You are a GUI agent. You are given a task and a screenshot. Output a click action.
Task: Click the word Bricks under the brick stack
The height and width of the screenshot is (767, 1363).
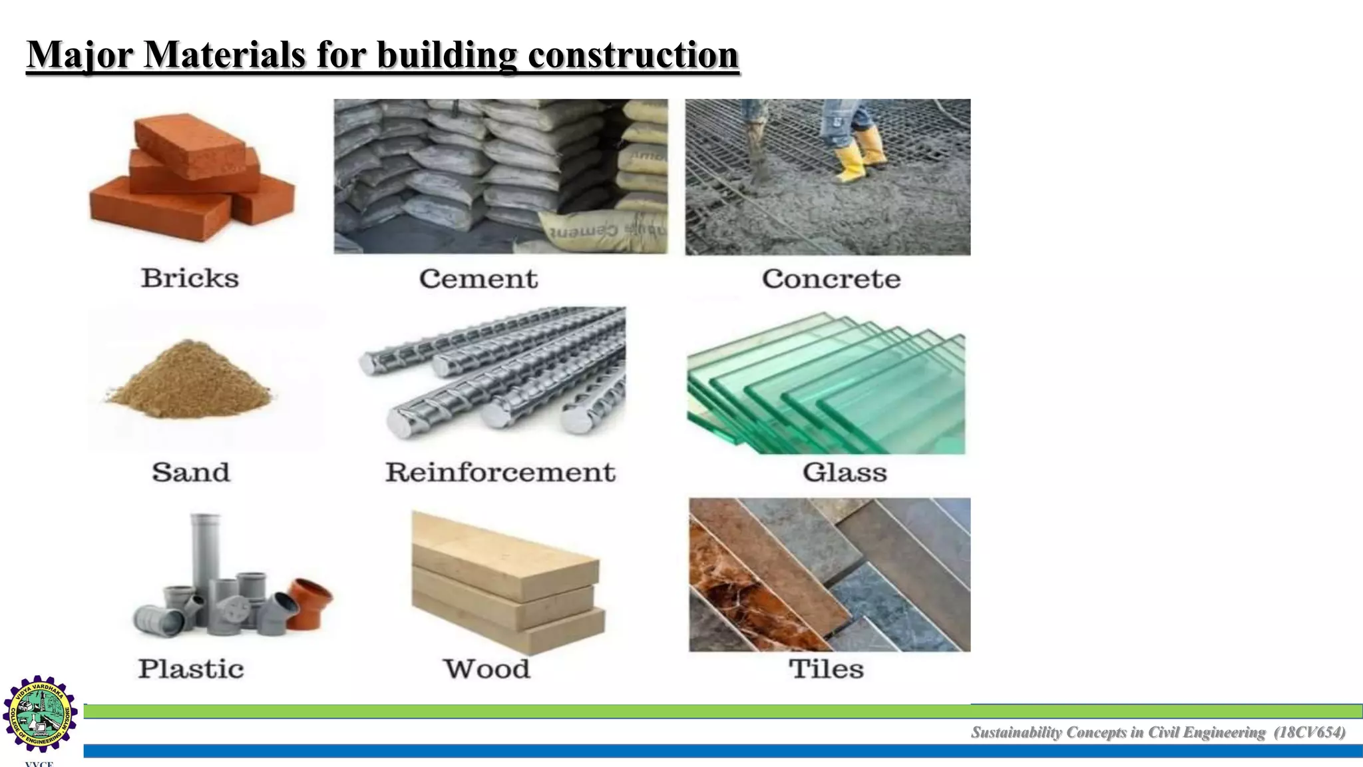[190, 278]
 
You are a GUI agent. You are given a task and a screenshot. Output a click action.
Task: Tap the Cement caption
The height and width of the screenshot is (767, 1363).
[478, 279]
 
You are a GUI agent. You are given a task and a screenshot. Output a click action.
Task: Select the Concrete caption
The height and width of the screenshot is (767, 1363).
[831, 279]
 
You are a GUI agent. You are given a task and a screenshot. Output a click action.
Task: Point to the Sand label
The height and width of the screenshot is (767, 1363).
[190, 472]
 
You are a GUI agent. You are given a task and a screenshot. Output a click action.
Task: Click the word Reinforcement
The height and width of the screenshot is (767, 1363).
[500, 472]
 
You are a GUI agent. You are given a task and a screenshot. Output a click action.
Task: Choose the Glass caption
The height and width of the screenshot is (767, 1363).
[845, 472]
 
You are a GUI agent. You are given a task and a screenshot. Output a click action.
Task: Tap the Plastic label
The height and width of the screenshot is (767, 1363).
[191, 668]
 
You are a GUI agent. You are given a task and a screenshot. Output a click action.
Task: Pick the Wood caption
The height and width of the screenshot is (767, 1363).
[487, 668]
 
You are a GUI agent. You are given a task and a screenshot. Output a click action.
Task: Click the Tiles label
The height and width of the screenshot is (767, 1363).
[826, 668]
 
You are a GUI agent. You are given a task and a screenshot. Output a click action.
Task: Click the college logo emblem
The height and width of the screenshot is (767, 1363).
[40, 714]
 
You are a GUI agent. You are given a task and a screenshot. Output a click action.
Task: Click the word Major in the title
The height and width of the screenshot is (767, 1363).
[80, 55]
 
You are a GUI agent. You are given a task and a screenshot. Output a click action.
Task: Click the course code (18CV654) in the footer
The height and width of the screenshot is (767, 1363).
[1309, 732]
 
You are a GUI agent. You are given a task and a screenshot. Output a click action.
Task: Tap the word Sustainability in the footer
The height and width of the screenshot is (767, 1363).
[1016, 732]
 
